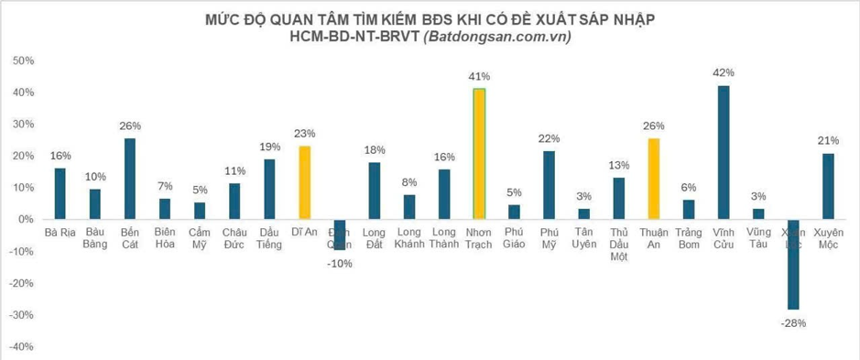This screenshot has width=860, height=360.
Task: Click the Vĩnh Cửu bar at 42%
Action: click(x=724, y=152)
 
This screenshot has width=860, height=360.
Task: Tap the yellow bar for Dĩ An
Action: click(x=304, y=182)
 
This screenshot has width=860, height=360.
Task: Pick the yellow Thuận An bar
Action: click(x=653, y=179)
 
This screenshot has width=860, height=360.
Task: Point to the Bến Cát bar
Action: click(x=130, y=179)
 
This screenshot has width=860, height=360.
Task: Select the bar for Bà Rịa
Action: click(x=60, y=193)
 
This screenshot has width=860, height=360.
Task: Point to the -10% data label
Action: click(x=341, y=263)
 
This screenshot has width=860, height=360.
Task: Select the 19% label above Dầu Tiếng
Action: click(x=269, y=147)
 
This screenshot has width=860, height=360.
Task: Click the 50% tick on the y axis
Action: click(x=24, y=61)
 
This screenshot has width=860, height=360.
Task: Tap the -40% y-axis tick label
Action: click(x=22, y=347)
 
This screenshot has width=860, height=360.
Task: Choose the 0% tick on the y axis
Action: click(x=27, y=220)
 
